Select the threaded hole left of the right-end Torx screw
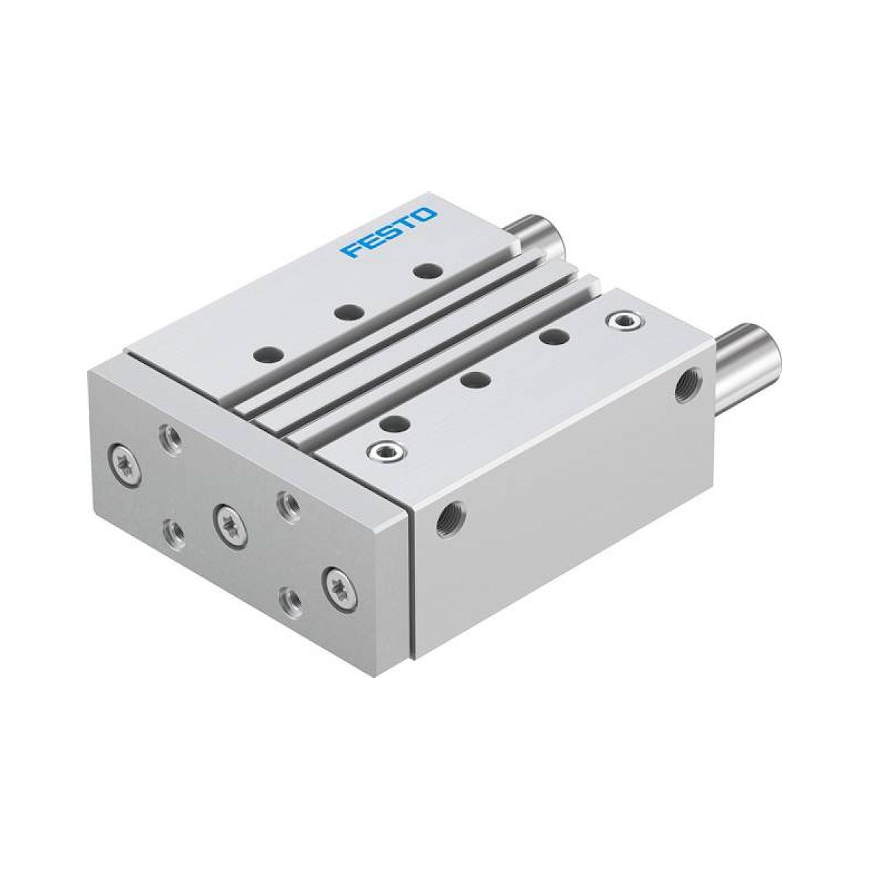click(290, 600)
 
